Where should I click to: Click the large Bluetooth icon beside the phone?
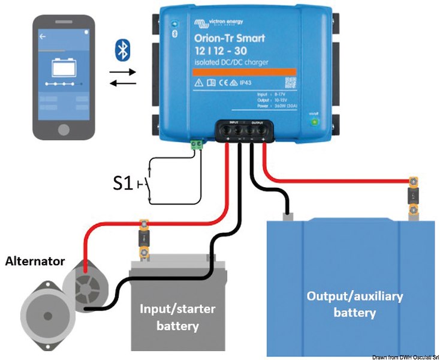click(122, 50)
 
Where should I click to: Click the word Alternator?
click(35, 262)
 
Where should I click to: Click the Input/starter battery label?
click(177, 317)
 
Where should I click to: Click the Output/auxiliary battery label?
click(354, 304)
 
